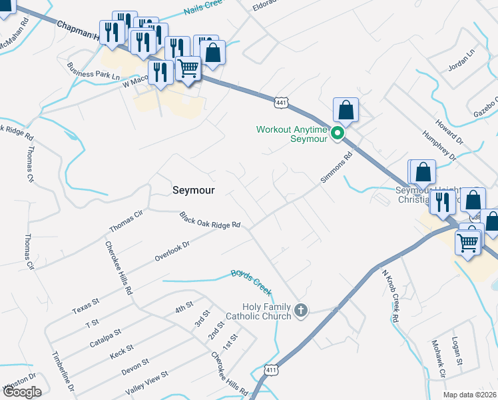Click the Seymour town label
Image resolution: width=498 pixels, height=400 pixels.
point(194,190)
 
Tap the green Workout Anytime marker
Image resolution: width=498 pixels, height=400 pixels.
point(338,133)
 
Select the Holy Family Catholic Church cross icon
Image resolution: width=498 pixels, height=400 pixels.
point(301,310)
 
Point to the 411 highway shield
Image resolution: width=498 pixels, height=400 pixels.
point(270,369)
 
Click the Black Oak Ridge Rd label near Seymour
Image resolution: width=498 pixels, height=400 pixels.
point(209,220)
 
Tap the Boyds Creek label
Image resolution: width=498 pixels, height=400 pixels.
point(252,282)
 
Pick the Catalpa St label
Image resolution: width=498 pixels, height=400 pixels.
point(105,338)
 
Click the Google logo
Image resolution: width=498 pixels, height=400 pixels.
point(21,392)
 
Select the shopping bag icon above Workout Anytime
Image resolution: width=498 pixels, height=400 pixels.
point(346,110)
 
